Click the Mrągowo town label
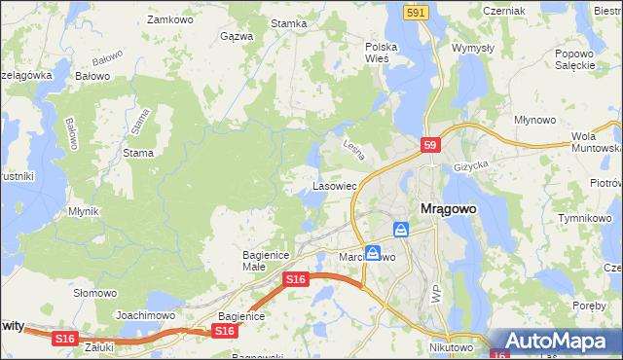(454, 208)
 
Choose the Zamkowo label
(166, 18)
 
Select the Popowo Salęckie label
(574, 59)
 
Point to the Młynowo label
(533, 120)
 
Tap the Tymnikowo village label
(583, 218)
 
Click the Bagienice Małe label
(261, 261)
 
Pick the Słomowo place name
(95, 293)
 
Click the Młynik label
(85, 211)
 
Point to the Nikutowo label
(450, 346)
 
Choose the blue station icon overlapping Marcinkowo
(373, 252)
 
